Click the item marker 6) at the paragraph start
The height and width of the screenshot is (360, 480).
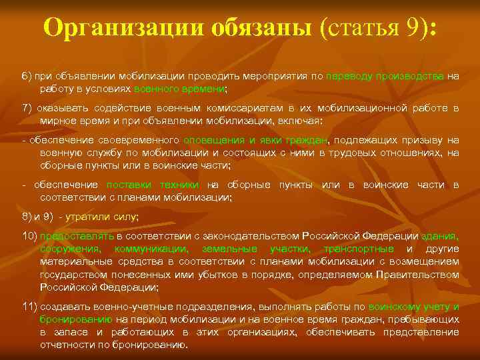(x=28, y=77)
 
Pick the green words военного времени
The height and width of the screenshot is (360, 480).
(x=179, y=88)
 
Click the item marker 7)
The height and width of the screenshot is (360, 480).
(x=28, y=108)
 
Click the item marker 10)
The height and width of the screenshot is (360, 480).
(x=30, y=236)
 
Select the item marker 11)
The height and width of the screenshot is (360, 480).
(x=30, y=306)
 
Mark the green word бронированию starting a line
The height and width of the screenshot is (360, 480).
(x=71, y=319)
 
